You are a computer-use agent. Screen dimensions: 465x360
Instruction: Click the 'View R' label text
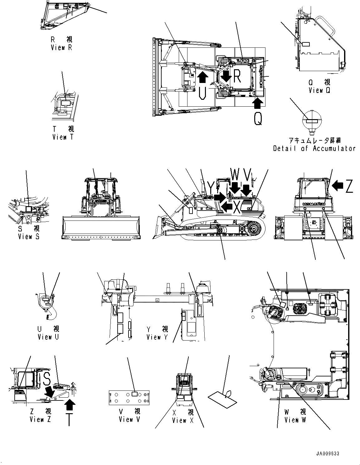coord(61,48)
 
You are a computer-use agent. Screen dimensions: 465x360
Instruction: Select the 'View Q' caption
coord(319,90)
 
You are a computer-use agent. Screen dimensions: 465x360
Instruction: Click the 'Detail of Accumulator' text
coord(314,148)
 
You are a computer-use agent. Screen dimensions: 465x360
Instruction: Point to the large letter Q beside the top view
coord(258,119)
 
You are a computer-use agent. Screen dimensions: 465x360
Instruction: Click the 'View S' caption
coord(29,236)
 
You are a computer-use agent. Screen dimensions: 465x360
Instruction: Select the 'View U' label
coord(48,337)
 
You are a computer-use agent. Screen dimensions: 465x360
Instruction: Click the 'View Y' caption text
coord(157,337)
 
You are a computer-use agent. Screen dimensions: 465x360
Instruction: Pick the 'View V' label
coord(129,419)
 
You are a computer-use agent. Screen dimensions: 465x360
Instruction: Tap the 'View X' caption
coord(183,420)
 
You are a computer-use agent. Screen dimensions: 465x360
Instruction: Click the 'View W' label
coord(295,420)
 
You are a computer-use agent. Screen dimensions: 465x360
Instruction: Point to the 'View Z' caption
coord(41,419)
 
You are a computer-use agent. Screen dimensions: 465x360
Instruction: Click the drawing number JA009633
coord(326,453)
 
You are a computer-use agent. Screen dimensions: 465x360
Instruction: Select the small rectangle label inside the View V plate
coord(135,394)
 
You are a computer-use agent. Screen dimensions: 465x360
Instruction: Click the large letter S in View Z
coord(46,378)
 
